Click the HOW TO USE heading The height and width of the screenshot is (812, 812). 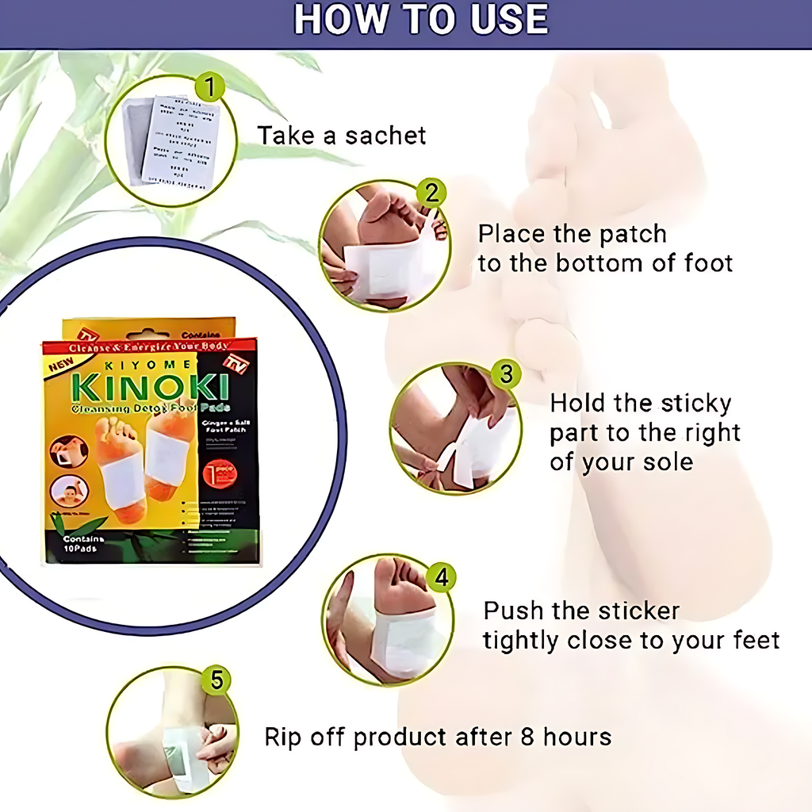pos(421,20)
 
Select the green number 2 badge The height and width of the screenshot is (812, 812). pos(431,193)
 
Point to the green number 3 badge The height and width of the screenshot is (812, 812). pos(506,373)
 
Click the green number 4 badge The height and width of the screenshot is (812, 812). pos(441,576)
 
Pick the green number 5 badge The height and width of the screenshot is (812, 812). pos(216,680)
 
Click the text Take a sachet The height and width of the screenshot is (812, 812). pos(341,136)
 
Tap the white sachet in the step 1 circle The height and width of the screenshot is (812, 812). pos(184,141)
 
